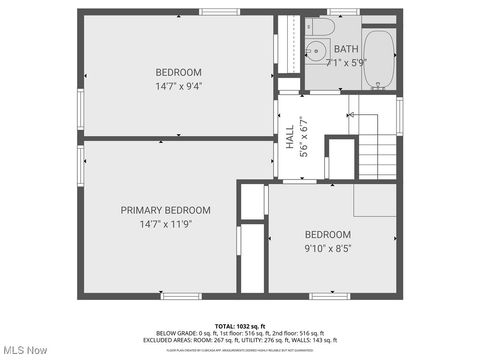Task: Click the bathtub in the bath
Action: point(379,59)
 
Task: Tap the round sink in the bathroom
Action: point(315,50)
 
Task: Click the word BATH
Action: point(346,48)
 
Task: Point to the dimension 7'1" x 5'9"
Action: point(346,62)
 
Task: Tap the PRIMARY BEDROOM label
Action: point(165,210)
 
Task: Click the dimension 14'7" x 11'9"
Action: point(165,224)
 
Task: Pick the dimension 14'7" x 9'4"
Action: point(178,86)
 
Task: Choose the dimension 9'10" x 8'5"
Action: point(328,248)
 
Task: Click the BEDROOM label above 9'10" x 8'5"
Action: point(328,235)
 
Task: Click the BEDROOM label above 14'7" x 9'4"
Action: point(178,72)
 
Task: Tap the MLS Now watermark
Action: point(25,350)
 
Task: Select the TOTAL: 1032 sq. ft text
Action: point(239,326)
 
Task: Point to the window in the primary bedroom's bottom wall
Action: point(181,296)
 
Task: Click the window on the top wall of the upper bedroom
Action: point(219,12)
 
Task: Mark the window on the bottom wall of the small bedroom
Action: point(328,296)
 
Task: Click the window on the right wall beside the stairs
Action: point(399,116)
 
